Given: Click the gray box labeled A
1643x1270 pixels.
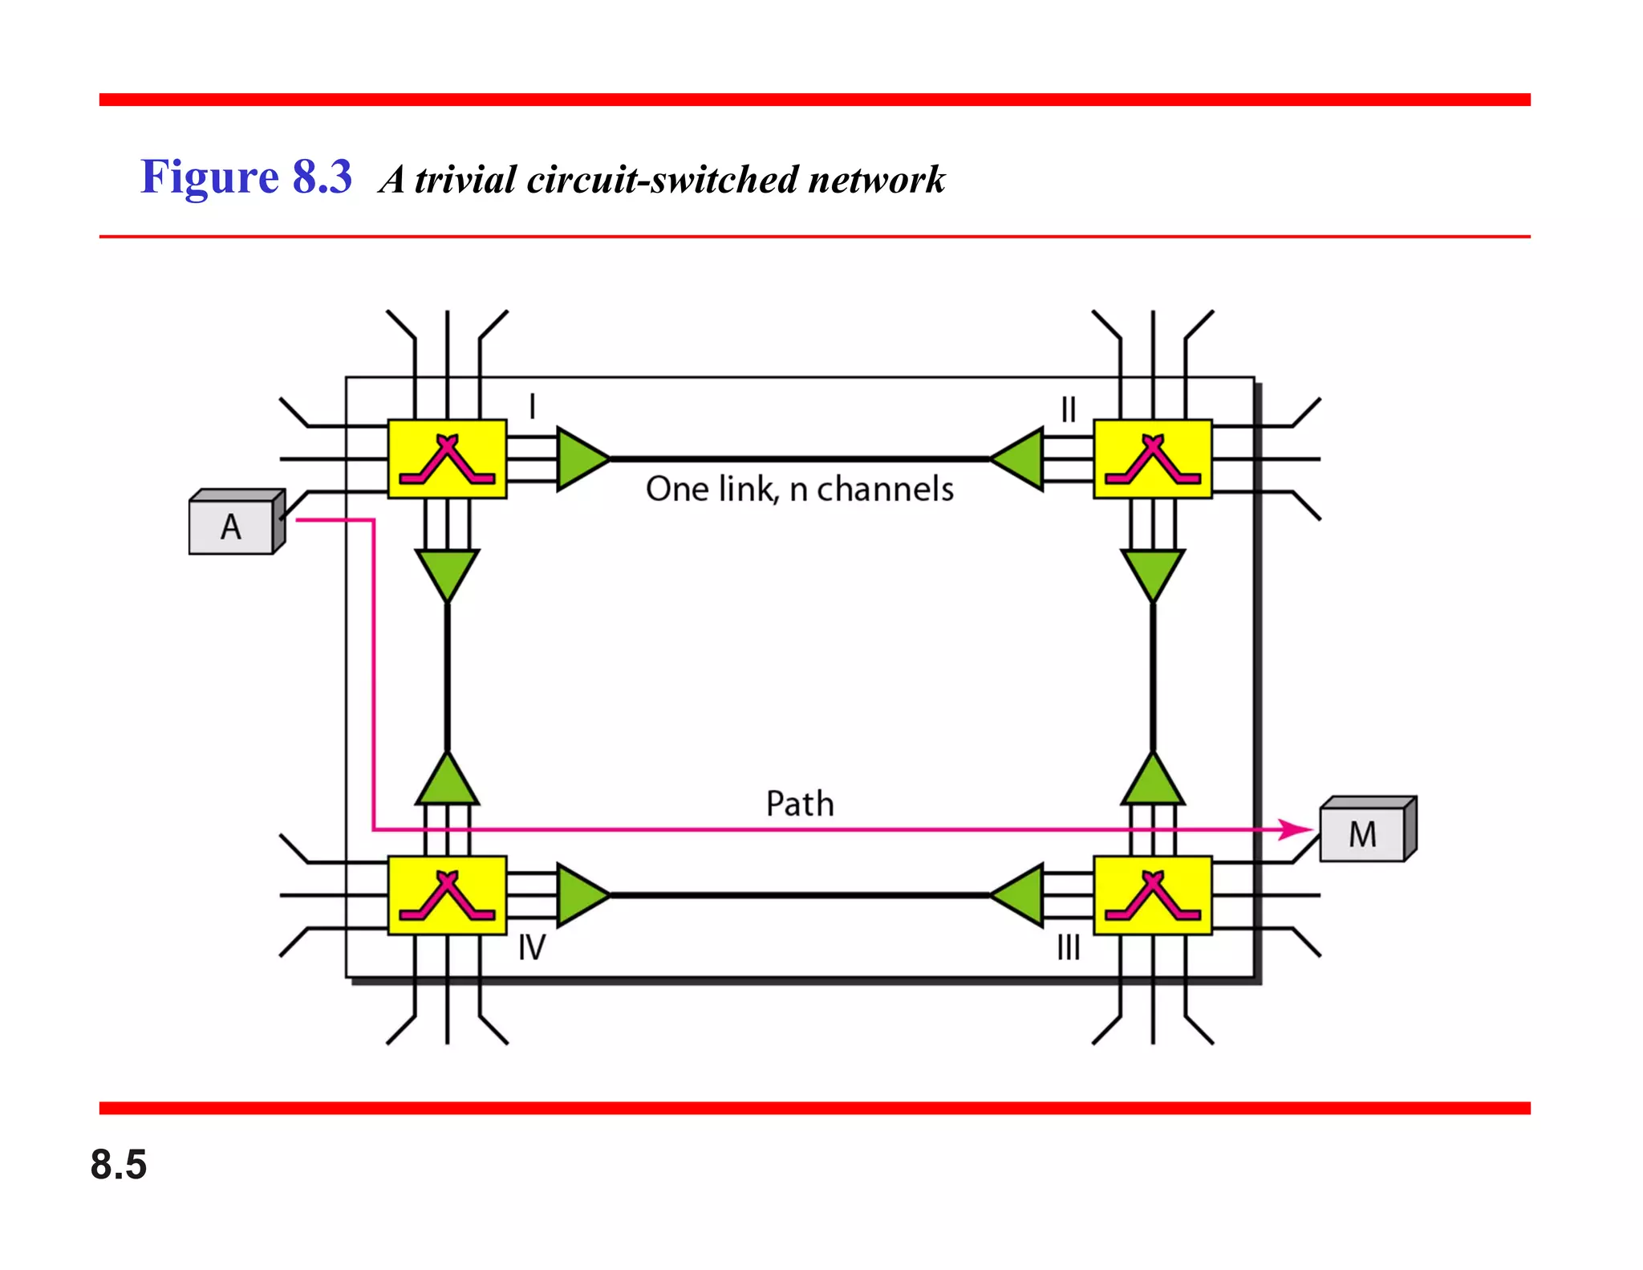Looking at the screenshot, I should (232, 527).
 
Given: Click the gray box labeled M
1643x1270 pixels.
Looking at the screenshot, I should (1363, 834).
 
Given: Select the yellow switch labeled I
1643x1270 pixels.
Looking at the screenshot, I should (447, 459).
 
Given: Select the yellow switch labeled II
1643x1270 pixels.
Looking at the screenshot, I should (1152, 459).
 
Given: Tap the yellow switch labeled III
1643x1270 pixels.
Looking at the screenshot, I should (1152, 895).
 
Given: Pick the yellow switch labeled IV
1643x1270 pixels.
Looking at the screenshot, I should (447, 895).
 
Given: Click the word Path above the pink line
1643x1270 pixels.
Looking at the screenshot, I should (800, 804).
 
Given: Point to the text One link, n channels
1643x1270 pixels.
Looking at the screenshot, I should (799, 489).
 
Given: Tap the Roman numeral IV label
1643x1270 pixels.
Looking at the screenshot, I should (531, 948).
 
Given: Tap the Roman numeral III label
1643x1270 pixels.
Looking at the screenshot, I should (1068, 948).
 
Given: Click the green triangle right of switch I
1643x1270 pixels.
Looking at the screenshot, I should (580, 459).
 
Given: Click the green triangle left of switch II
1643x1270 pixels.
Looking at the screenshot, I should (1020, 459).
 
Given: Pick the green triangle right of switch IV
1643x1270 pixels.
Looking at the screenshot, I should (580, 895).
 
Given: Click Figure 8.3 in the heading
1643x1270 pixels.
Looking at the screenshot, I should (246, 177).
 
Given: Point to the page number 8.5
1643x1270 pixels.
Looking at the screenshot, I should (119, 1164).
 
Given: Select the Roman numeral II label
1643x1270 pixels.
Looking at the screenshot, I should (1068, 410).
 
